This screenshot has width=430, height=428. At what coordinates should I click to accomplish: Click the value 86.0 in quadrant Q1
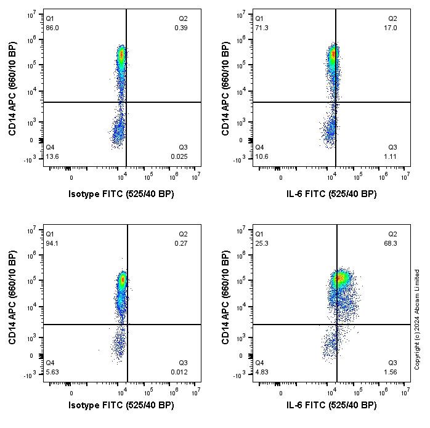[52, 28]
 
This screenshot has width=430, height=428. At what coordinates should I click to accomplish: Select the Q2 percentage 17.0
[391, 28]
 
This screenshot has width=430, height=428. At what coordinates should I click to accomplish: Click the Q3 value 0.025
[180, 157]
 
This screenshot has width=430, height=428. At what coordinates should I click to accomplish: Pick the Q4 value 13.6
[52, 157]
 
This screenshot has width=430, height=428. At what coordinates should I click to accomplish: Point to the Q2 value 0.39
[181, 28]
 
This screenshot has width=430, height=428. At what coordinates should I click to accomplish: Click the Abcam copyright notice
[417, 319]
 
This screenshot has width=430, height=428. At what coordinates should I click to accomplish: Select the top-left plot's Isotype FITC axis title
[121, 194]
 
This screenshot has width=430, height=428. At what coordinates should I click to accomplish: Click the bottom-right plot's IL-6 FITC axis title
[334, 405]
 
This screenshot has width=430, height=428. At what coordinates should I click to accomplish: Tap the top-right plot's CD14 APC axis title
[226, 89]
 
